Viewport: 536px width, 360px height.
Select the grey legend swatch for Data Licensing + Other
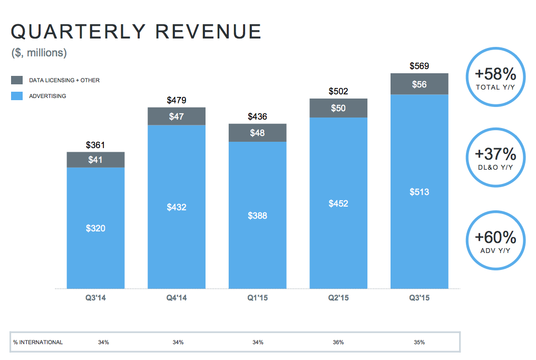17,80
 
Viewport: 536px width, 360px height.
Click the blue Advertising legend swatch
17,96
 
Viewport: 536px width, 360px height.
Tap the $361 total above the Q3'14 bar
95,144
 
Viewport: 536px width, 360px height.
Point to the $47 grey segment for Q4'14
177,116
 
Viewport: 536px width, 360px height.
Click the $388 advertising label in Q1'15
257,215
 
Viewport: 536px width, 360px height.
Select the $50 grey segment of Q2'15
338,108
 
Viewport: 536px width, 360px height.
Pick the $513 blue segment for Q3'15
419,192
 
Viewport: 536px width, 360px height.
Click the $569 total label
419,66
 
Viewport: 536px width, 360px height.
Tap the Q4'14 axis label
177,298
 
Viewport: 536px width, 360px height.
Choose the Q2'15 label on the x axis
338,298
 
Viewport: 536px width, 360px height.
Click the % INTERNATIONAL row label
38,342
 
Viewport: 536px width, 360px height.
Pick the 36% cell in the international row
338,342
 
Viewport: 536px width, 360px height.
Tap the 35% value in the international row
419,342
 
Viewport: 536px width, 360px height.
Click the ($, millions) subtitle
39,53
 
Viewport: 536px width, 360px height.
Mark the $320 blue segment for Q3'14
95,228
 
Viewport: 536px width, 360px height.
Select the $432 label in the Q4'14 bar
177,207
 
